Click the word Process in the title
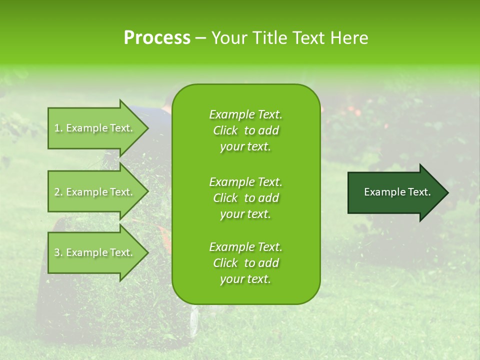(x=157, y=38)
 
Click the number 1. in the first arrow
(x=58, y=128)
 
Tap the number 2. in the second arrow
(x=58, y=192)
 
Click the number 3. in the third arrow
(x=58, y=252)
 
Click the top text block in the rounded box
(x=245, y=130)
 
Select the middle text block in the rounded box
(x=245, y=198)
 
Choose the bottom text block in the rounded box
(x=245, y=263)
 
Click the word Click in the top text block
(x=225, y=130)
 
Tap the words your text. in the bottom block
(x=245, y=279)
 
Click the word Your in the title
(x=228, y=38)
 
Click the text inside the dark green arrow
(x=397, y=192)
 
